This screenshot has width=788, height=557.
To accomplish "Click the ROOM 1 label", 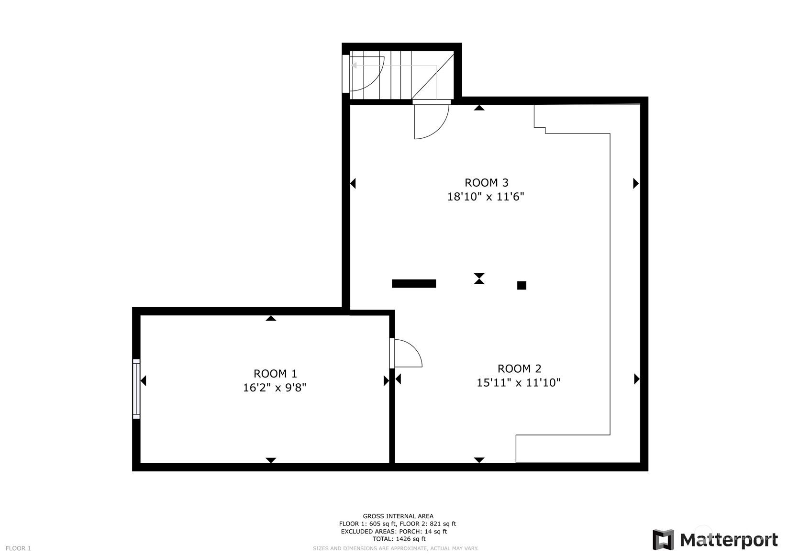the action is coord(275,373).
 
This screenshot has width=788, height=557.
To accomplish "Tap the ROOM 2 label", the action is coord(519,368).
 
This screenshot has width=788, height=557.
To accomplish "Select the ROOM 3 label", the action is coord(486,183).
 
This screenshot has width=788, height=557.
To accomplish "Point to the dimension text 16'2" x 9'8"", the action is coord(275,388).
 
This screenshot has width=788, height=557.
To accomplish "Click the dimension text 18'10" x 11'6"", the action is coord(486,196).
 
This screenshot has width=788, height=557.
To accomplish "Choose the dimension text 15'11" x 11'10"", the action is coord(519,382).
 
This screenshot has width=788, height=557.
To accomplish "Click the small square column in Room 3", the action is coord(522,285).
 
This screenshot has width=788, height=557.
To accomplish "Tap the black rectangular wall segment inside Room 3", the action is coord(414,284).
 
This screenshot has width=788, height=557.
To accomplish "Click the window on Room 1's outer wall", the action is coord(136,389).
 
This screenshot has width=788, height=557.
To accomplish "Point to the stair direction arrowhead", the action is coord(354,66).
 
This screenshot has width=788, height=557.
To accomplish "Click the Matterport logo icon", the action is coord(663,539).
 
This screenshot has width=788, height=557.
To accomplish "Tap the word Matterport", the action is coord(729,540).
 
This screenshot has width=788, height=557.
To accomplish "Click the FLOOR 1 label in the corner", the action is coord(18,548).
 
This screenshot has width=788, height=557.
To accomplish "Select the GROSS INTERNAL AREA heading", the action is coord(398,516).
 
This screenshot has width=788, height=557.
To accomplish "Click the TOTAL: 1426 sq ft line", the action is coord(399,539).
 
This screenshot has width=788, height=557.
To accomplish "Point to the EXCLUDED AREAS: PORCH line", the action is coord(394,531).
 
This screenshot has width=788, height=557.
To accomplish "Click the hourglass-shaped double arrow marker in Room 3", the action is coord(479,278).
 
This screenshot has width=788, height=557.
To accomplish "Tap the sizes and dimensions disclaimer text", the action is coord(395,548).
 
